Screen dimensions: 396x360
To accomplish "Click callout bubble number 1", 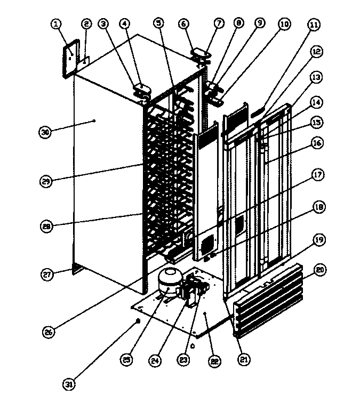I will coord(57,24).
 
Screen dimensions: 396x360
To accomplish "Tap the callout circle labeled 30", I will coord(46,132).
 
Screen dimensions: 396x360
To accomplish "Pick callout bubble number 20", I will coord(321,271).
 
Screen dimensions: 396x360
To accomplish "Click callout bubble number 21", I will coord(243,360).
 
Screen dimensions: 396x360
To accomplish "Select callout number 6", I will coord(183,24).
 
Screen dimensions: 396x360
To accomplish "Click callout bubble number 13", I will coord(317,77).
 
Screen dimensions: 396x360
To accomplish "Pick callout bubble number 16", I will coord(317,143).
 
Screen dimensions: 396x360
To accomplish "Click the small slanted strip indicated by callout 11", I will coord(258,112).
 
